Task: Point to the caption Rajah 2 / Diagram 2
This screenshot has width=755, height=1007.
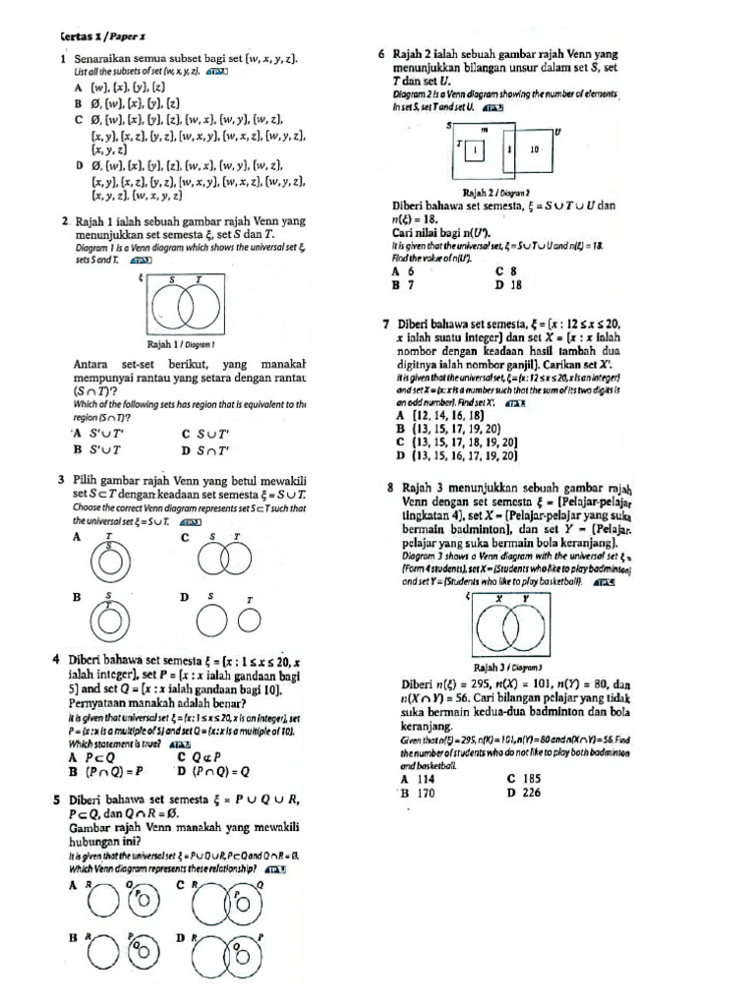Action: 496,193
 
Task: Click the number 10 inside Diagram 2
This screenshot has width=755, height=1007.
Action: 535,150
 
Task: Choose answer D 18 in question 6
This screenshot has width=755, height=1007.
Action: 508,285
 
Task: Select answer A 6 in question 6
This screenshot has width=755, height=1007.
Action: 402,271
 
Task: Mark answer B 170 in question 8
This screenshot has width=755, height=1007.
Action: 417,792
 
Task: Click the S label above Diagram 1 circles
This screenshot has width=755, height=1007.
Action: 172,281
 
